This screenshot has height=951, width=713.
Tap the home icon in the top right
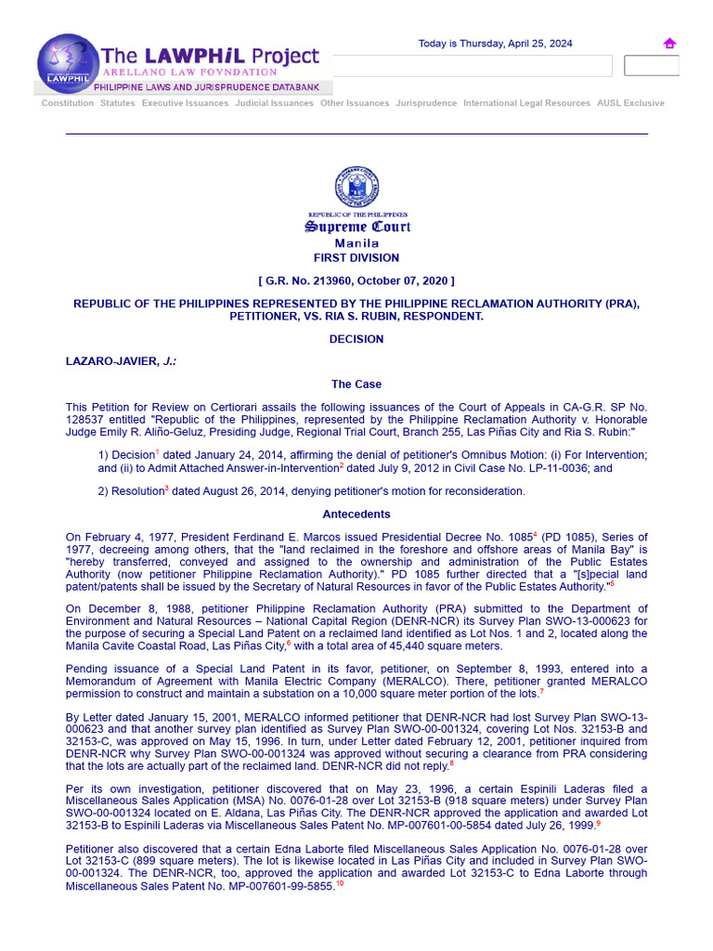(x=669, y=44)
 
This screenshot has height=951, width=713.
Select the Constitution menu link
(x=68, y=103)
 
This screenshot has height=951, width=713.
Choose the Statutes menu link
(x=118, y=103)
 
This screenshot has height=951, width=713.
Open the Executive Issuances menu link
(x=185, y=103)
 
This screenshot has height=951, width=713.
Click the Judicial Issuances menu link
(x=274, y=103)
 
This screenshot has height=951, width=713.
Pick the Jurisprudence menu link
(x=426, y=103)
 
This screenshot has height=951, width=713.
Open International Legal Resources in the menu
(x=526, y=103)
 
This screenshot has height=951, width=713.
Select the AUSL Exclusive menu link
(x=630, y=103)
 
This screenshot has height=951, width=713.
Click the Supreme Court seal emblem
(x=356, y=187)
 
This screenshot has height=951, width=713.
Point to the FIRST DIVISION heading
(x=356, y=258)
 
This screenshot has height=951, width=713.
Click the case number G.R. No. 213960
(x=313, y=280)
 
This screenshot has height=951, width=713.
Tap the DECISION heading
(x=356, y=339)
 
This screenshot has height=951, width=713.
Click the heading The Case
(x=356, y=384)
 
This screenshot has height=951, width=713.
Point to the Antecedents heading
(x=356, y=514)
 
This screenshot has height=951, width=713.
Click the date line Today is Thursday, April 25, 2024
(x=495, y=44)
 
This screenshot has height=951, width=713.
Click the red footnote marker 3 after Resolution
(x=166, y=488)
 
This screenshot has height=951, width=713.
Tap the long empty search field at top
(x=472, y=66)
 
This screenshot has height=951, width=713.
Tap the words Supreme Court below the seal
(x=357, y=228)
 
